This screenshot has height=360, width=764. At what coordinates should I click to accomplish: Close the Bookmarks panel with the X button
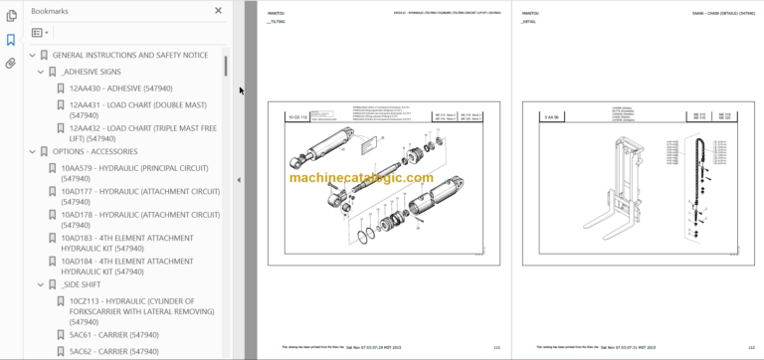[x=218, y=11]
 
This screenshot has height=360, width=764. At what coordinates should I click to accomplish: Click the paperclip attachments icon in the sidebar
[x=11, y=63]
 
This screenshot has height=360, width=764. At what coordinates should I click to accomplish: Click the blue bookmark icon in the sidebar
[x=11, y=40]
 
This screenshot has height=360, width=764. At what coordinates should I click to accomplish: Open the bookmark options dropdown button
[x=41, y=33]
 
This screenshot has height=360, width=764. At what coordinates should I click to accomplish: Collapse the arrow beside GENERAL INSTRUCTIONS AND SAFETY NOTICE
[x=32, y=56]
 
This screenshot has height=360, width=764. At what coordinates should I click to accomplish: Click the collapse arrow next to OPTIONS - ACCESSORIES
[x=32, y=152]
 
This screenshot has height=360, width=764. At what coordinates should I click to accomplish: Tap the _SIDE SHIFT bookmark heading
[x=85, y=286]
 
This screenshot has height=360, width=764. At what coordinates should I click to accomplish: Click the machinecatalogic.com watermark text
[x=362, y=178]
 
